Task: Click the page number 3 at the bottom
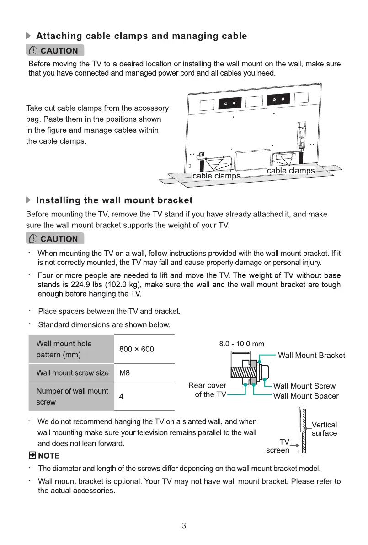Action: click(184, 526)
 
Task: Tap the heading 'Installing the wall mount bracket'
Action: click(114, 200)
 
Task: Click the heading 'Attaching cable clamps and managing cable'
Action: click(141, 36)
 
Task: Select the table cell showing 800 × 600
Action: click(136, 349)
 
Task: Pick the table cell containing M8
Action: click(124, 372)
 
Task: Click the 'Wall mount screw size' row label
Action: click(72, 372)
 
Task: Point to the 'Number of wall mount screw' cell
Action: click(72, 396)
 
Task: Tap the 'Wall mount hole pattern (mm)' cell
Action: click(64, 349)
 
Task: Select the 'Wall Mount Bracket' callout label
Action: click(311, 356)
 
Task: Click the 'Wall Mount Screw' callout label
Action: click(304, 386)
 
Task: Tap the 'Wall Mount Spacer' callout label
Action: click(306, 396)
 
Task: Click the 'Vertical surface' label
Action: click(324, 429)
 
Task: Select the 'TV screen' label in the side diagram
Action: click(279, 446)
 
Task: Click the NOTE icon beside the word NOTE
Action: click(32, 456)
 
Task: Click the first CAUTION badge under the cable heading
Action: click(55, 50)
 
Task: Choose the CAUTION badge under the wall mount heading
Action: click(55, 239)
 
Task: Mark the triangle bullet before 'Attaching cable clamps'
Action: click(29, 36)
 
